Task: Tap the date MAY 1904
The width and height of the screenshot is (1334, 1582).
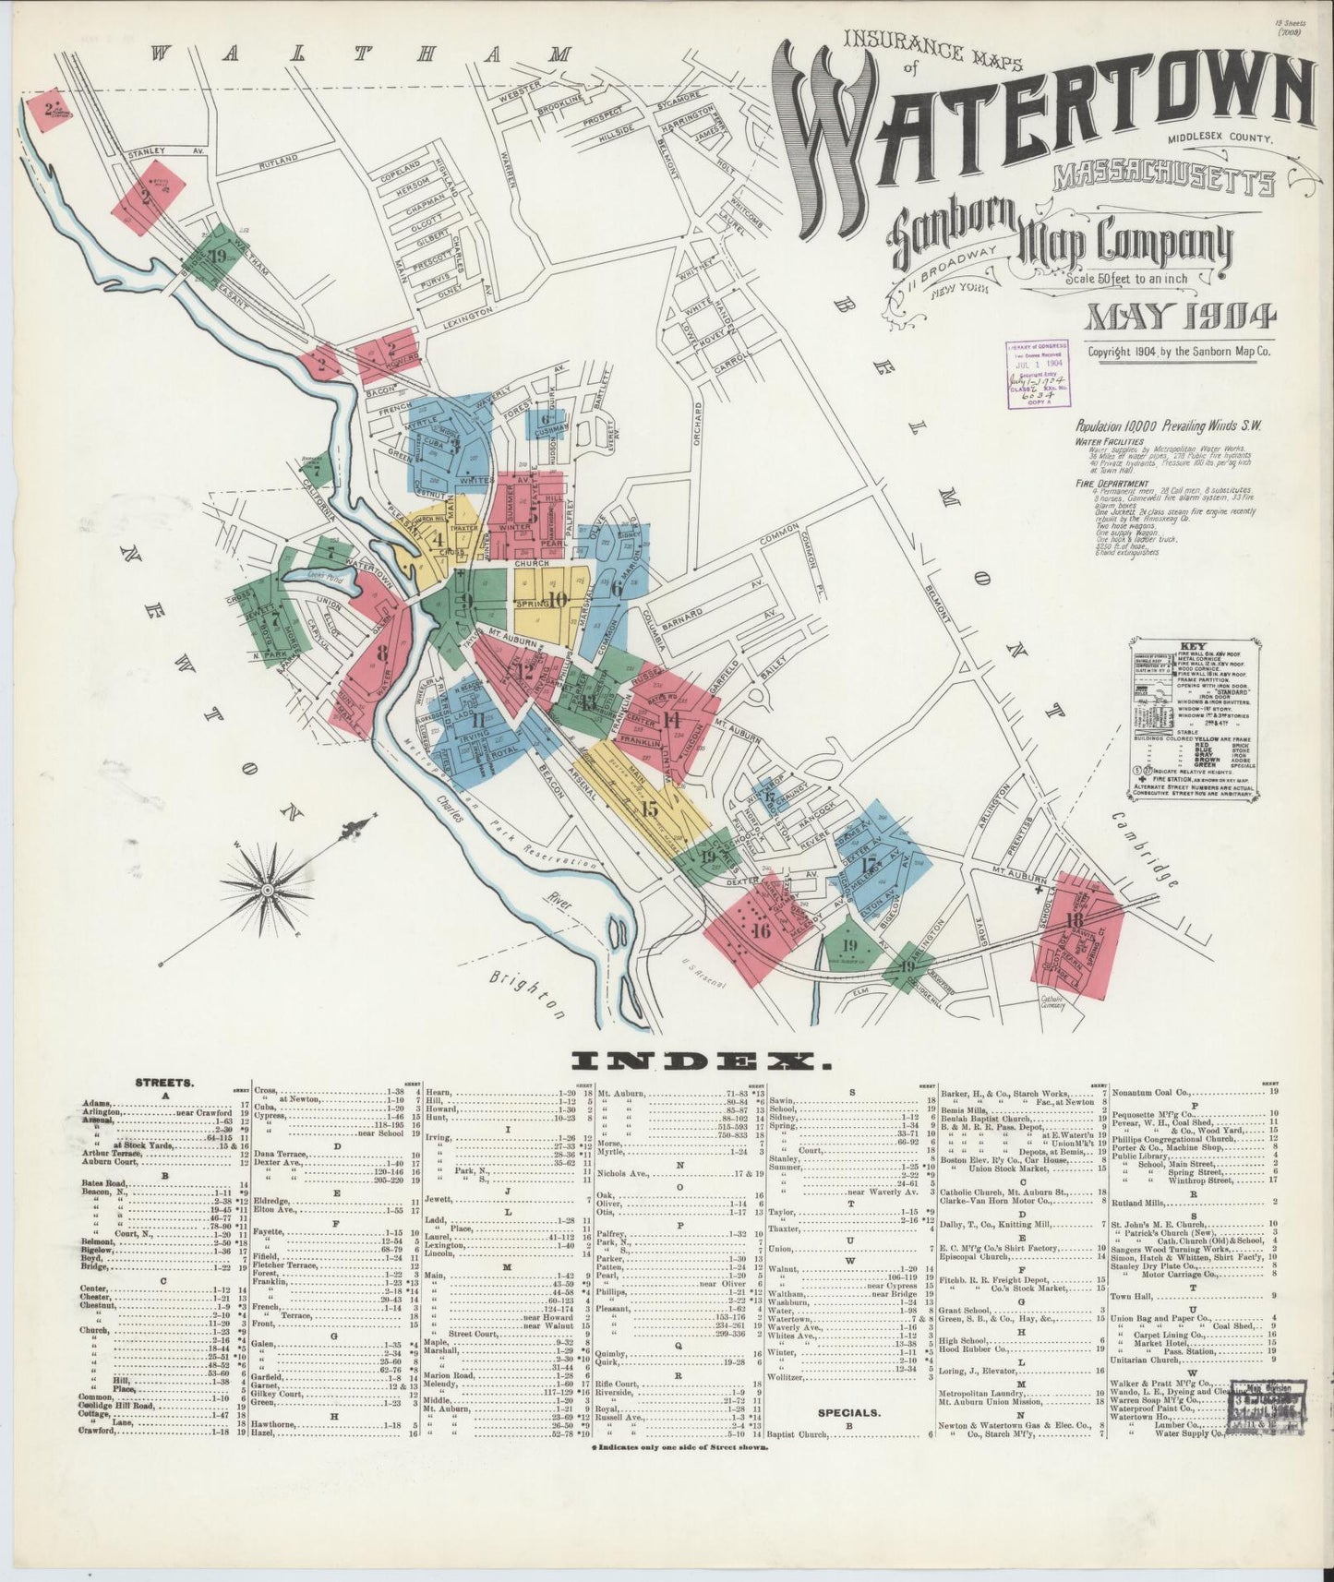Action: point(1181,317)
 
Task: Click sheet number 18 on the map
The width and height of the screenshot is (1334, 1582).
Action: point(1073,920)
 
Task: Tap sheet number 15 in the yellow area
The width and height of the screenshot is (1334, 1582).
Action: point(649,809)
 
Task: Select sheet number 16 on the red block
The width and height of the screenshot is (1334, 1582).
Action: point(761,930)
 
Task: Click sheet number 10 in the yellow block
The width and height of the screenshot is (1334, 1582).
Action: point(558,600)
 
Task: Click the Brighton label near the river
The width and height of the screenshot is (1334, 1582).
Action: point(529,995)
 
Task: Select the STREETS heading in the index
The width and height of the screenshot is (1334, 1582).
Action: point(164,1083)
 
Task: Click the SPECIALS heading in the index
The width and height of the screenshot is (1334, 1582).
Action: point(848,1412)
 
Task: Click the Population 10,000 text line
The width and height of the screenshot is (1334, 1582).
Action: point(1168,425)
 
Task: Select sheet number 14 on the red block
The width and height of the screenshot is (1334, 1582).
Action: point(671,720)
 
